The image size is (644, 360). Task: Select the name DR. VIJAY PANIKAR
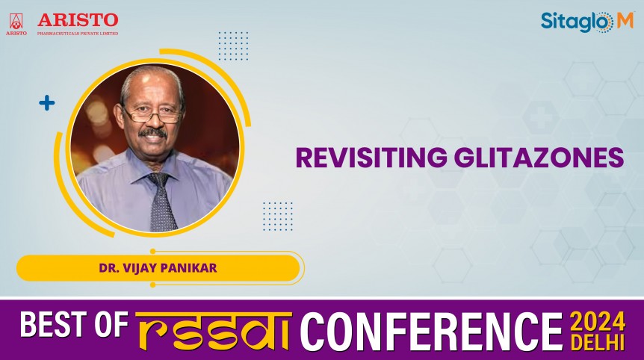[x=158, y=267]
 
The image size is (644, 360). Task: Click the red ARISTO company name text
[x=78, y=19]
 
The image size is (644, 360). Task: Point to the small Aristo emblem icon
[x=16, y=22]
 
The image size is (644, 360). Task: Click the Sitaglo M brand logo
[x=586, y=22]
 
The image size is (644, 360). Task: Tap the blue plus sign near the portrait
[x=47, y=103]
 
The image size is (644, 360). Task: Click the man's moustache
[x=154, y=134]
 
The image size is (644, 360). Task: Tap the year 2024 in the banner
[x=598, y=321]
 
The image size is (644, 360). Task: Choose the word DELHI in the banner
[x=598, y=343]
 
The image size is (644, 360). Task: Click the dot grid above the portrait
[x=233, y=46]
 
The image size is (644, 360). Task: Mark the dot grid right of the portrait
[x=278, y=216]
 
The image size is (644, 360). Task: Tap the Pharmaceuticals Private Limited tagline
[x=78, y=33]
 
